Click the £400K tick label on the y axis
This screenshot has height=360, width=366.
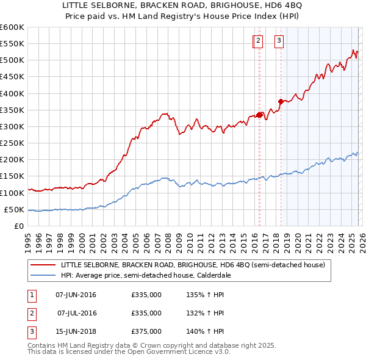[12, 93]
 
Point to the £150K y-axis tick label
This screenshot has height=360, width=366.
[12, 176]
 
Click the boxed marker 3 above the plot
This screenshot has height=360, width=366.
[279, 41]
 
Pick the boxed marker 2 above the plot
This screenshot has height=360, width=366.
[258, 41]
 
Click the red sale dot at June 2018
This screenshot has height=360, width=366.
[281, 102]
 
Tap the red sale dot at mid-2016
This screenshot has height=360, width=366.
[259, 115]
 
